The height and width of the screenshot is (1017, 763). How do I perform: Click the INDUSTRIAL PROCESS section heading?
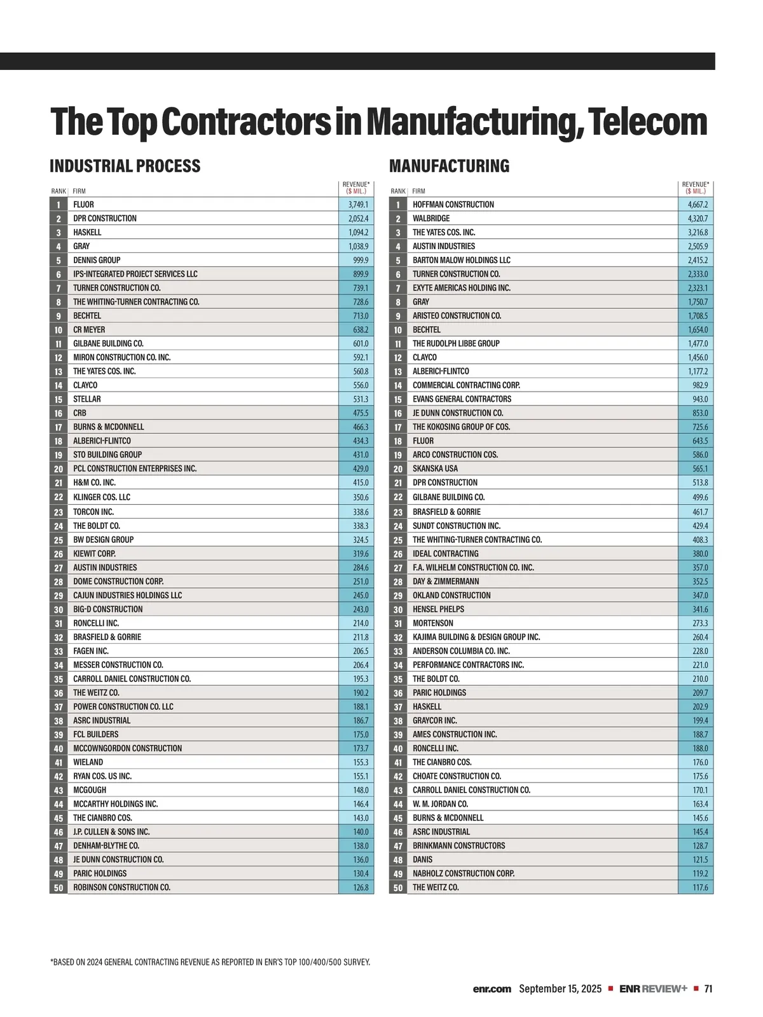click(x=125, y=167)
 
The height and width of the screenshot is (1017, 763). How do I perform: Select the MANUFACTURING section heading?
click(x=449, y=167)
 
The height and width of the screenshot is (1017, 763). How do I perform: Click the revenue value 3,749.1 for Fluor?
click(x=358, y=205)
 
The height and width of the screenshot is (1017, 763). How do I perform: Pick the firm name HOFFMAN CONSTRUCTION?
click(x=453, y=205)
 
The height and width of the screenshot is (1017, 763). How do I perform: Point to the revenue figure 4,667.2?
click(x=698, y=205)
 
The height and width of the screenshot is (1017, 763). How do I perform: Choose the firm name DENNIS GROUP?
click(x=97, y=260)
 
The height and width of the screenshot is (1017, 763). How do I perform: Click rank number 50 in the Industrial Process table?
click(x=58, y=888)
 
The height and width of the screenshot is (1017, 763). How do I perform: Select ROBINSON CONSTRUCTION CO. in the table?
click(x=121, y=887)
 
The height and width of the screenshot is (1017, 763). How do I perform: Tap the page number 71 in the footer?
click(x=708, y=989)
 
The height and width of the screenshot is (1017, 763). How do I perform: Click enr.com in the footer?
click(x=491, y=989)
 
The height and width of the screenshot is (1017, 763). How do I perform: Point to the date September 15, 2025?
click(x=560, y=989)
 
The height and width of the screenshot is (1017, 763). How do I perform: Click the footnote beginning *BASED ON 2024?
click(x=210, y=962)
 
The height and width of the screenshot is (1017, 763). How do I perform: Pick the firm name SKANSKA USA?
click(x=435, y=468)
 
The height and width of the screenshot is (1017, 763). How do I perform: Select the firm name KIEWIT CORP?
click(x=94, y=554)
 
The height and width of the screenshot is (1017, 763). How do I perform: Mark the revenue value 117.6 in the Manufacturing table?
click(x=700, y=887)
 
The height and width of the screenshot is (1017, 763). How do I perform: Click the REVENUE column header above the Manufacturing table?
click(x=696, y=188)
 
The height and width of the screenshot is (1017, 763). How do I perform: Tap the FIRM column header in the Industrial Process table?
click(x=79, y=191)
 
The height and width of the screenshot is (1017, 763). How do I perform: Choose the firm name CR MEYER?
click(x=89, y=330)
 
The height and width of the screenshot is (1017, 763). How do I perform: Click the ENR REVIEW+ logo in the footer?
click(x=653, y=989)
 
